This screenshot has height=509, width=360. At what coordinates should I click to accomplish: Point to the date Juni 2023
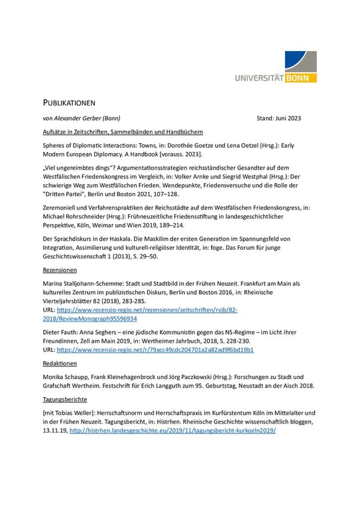286,119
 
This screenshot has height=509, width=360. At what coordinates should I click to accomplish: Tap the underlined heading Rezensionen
60,270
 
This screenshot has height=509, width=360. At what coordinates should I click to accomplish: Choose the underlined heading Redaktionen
60,364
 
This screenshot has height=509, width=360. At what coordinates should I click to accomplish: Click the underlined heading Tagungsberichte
65,400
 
